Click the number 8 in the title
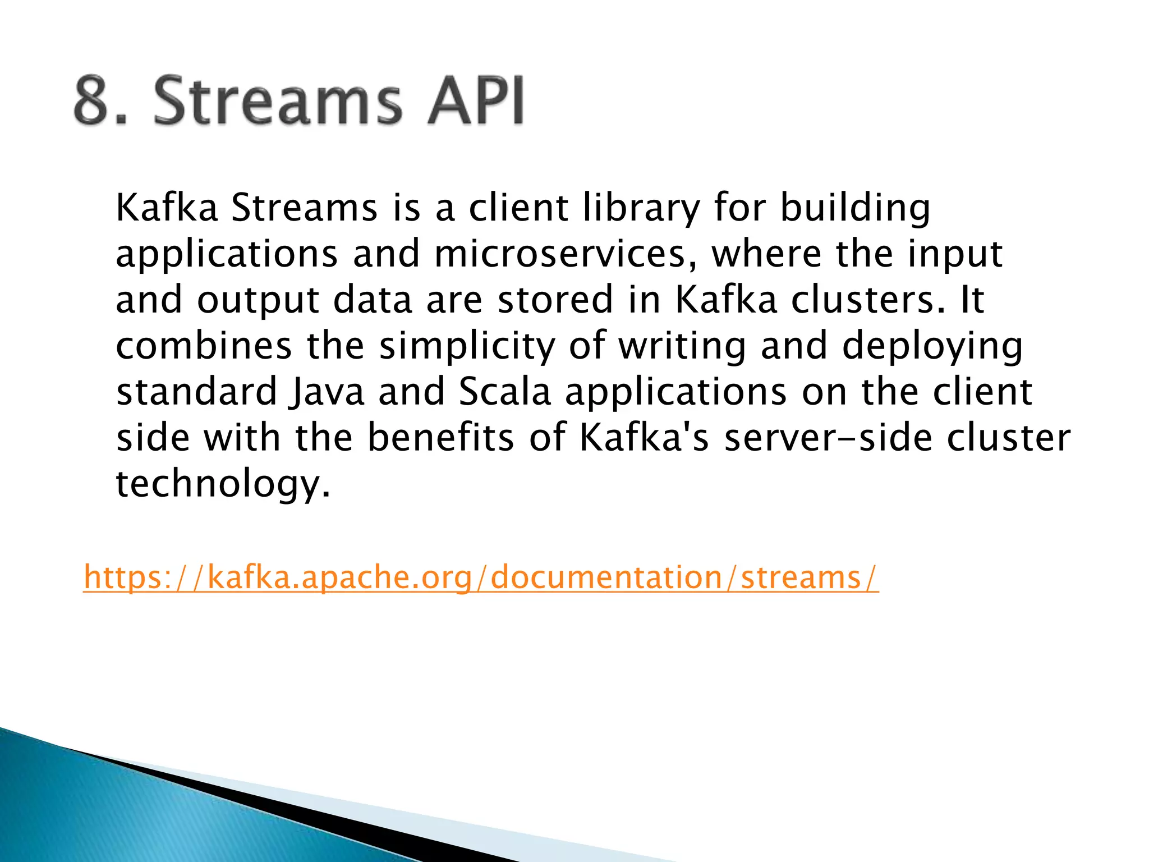(91, 101)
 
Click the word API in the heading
(475, 101)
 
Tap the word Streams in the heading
(278, 101)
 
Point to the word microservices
(560, 254)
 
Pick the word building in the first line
(856, 209)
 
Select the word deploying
(932, 346)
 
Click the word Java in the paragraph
(327, 392)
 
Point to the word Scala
(505, 392)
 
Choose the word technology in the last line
(223, 484)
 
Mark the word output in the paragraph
(258, 301)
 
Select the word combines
(204, 346)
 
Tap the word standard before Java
(196, 392)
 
